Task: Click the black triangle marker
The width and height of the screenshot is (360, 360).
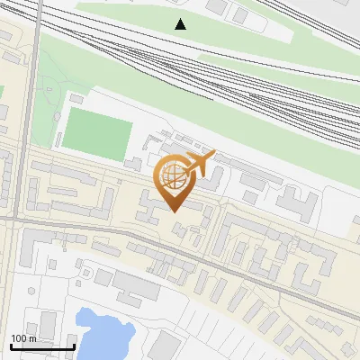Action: click(181, 24)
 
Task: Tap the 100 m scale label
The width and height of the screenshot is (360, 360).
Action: click(23, 338)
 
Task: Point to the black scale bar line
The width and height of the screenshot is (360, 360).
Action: click(42, 346)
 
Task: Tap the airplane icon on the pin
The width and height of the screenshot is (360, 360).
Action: click(201, 163)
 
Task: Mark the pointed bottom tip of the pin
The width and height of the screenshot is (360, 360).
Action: click(173, 211)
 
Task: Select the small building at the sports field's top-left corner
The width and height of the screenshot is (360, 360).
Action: click(78, 95)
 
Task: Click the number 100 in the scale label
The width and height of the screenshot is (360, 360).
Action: click(20, 338)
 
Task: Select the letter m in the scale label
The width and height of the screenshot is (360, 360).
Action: click(33, 338)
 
